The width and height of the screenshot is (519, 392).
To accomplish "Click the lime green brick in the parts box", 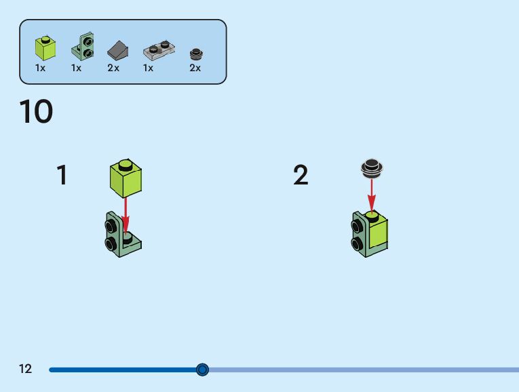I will coord(45,48).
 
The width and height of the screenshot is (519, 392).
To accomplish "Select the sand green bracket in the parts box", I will coord(85,46).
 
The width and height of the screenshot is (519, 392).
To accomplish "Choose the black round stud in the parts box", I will coord(195,53).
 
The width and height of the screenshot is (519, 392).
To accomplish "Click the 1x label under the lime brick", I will coord(41,68).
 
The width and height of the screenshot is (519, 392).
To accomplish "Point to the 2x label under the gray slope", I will coord(113,68).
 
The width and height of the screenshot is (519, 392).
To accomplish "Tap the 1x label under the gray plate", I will coord(148,68).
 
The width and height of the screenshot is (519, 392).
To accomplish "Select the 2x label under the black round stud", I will coord(195,68).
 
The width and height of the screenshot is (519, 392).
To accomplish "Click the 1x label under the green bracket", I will coord(76,68).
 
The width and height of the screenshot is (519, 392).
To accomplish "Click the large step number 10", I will coord(36,112).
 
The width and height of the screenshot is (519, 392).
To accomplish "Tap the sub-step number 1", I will coord(62,175).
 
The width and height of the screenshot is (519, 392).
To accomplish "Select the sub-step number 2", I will coord(301,175).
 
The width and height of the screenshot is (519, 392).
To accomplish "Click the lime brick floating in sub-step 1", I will coord(126,178).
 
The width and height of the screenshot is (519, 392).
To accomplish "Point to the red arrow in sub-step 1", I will coord(126,214).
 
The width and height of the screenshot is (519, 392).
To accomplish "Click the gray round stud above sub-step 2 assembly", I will coord(371,167).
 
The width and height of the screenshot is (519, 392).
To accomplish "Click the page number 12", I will coord(26,369).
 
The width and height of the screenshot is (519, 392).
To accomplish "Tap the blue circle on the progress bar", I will coord(202,370).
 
